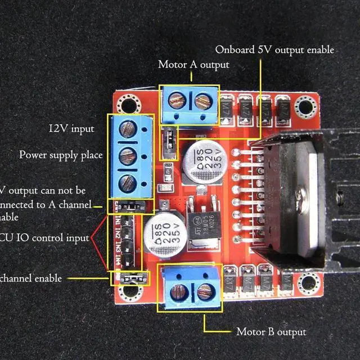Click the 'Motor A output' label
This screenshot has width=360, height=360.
coord(193,65)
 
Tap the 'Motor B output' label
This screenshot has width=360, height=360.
coord(271,332)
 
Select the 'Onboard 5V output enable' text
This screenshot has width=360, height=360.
coord(274,50)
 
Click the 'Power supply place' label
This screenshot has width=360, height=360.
coord(61,154)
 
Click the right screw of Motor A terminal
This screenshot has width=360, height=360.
coord(202,102)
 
